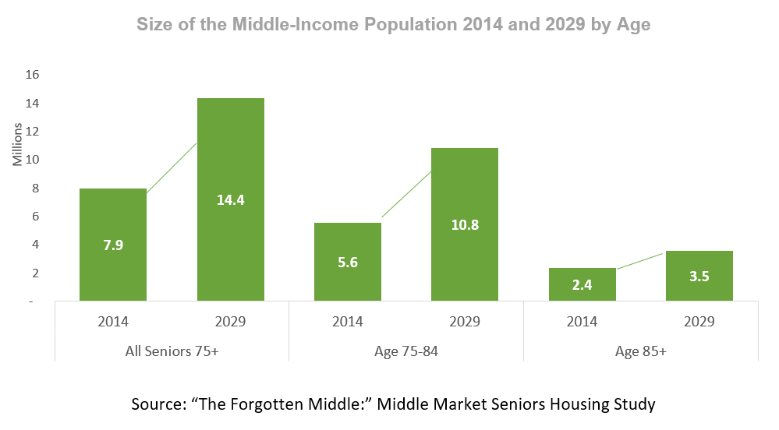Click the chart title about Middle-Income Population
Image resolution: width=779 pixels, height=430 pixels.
pyautogui.click(x=394, y=24)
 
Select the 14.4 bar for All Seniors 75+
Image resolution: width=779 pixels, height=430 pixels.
pyautogui.click(x=231, y=199)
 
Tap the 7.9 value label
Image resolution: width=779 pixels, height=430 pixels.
pyautogui.click(x=113, y=245)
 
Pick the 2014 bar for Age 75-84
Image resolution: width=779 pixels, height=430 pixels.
pyautogui.click(x=348, y=262)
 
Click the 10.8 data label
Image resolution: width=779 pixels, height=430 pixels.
pyautogui.click(x=465, y=225)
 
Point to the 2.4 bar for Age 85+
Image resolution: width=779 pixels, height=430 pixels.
pyautogui.click(x=582, y=284)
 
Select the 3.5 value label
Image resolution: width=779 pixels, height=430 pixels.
pyautogui.click(x=699, y=277)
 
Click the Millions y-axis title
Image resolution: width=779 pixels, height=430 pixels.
pyautogui.click(x=18, y=144)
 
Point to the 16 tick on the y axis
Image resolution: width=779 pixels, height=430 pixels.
pyautogui.click(x=32, y=75)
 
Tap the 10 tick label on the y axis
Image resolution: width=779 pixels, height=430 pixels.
pyautogui.click(x=32, y=160)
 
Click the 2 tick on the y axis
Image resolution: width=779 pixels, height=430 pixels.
pyautogui.click(x=35, y=273)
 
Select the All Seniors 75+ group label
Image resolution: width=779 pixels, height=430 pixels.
pyautogui.click(x=172, y=351)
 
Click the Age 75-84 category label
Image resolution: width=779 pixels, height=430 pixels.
pyautogui.click(x=406, y=351)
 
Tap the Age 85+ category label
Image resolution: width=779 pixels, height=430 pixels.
pyautogui.click(x=641, y=351)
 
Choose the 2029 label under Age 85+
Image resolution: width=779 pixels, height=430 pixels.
pyautogui.click(x=699, y=321)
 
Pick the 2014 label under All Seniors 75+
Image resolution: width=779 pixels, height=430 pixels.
pyautogui.click(x=113, y=321)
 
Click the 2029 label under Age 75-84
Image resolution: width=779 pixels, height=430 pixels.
pyautogui.click(x=465, y=321)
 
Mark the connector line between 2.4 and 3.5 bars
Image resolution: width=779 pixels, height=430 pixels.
pyautogui.click(x=640, y=261)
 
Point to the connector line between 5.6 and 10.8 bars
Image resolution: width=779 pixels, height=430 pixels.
pyautogui.click(x=406, y=194)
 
